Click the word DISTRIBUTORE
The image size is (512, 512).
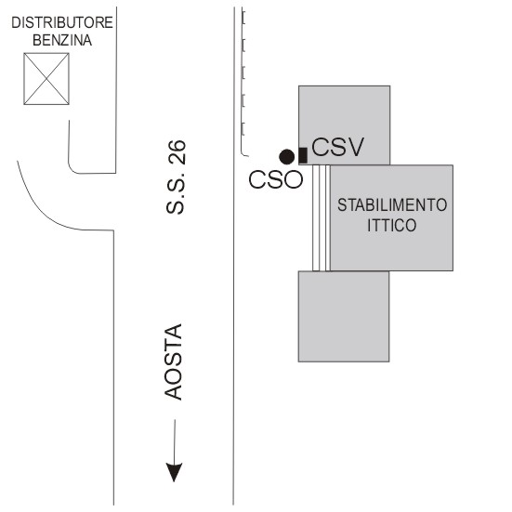(62, 23)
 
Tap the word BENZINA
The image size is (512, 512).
(62, 41)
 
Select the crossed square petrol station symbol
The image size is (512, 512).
(46, 79)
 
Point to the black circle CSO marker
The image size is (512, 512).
(287, 157)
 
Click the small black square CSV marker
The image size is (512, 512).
(303, 155)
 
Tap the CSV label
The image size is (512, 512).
(337, 147)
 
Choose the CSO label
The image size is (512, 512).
(276, 179)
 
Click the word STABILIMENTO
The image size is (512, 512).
(392, 205)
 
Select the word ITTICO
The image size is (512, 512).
(392, 225)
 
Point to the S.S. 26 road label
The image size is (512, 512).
(176, 177)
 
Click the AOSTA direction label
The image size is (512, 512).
(173, 361)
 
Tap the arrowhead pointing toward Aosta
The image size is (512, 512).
(174, 472)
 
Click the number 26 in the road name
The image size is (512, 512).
(177, 152)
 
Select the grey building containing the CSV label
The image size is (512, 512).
(345, 125)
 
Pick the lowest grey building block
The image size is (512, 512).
(344, 317)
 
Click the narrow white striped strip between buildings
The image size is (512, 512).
(322, 217)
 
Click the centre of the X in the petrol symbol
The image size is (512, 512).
(46, 79)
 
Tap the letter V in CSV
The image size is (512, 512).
(354, 147)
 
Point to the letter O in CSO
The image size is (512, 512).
(294, 179)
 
